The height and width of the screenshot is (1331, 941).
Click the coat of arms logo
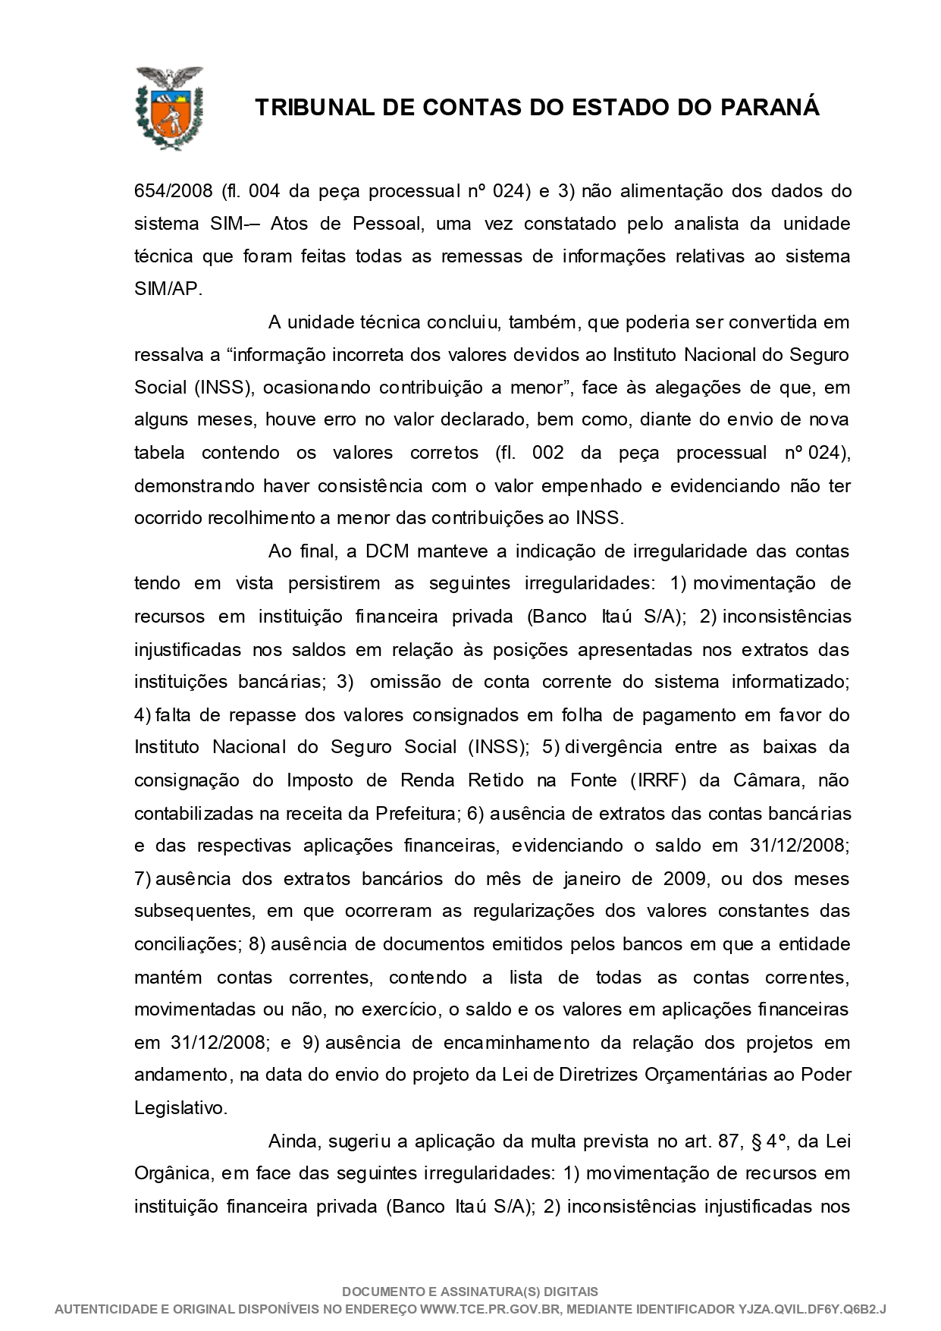pyautogui.click(x=169, y=108)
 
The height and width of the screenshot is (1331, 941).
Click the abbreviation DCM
pyautogui.click(x=387, y=551)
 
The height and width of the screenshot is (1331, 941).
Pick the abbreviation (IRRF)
pyautogui.click(x=658, y=780)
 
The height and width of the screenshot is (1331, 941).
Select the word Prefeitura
pyautogui.click(x=416, y=813)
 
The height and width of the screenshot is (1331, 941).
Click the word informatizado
pyautogui.click(x=790, y=681)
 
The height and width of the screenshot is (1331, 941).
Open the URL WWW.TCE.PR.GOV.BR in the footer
pyautogui.click(x=486, y=1309)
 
